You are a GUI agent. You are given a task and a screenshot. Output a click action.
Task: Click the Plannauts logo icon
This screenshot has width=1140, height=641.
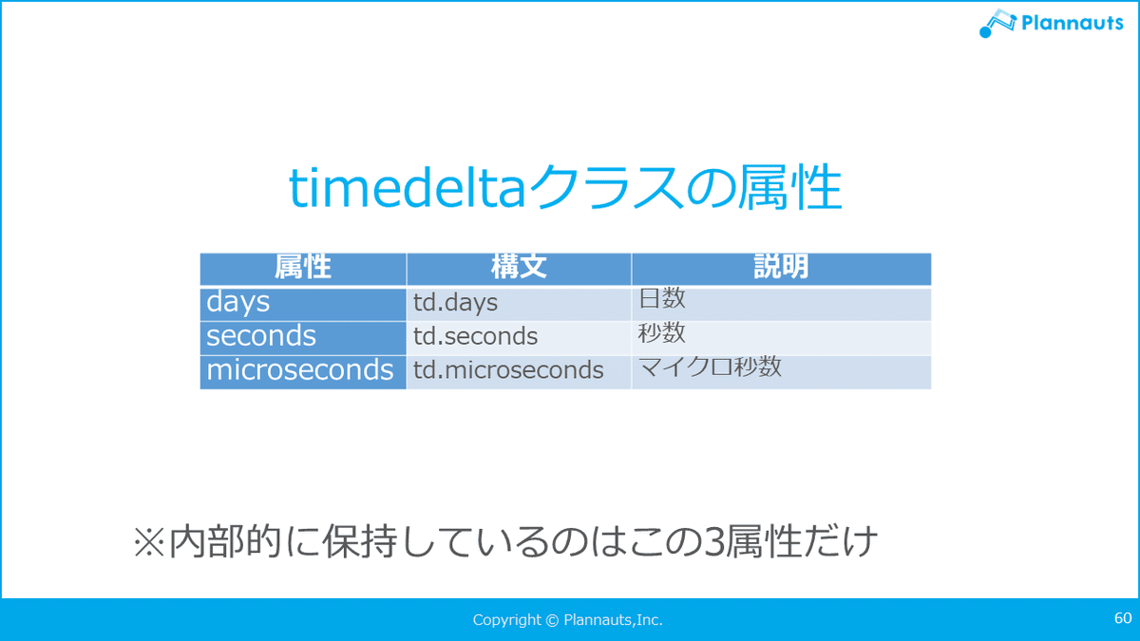(997, 24)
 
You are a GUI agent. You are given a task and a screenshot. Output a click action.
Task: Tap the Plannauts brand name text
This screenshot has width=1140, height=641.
(1073, 23)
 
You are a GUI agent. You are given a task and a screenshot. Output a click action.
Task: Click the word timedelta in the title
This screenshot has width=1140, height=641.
(408, 187)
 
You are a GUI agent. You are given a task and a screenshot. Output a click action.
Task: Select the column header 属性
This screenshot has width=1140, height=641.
(303, 267)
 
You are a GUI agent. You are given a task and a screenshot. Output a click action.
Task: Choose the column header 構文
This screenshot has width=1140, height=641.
(519, 267)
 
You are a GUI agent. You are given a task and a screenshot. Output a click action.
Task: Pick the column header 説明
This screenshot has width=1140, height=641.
(781, 267)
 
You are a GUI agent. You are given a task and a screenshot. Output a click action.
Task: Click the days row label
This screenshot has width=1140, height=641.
(237, 302)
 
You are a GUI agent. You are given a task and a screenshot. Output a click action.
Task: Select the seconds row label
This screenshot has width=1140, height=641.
(261, 336)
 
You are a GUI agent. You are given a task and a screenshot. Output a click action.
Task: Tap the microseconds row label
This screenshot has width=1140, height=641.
(300, 369)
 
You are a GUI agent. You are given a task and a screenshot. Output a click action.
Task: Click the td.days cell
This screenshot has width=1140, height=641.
(455, 303)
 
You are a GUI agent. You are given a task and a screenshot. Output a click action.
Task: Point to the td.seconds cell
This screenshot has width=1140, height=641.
(475, 336)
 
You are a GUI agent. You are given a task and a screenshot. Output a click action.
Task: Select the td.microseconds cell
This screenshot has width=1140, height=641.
(508, 369)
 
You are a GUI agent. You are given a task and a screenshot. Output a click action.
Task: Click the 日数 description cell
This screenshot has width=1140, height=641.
(661, 298)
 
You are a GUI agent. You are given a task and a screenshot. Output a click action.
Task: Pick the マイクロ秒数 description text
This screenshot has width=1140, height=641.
(710, 367)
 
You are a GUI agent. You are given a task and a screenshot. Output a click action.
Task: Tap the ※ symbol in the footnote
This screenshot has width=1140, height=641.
(148, 542)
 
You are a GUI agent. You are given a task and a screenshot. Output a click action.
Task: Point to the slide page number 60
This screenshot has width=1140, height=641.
(1123, 618)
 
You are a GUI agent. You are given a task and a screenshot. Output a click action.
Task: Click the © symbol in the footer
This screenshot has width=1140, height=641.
(552, 620)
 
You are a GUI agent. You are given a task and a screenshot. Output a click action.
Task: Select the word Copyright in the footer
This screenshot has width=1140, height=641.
(507, 620)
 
